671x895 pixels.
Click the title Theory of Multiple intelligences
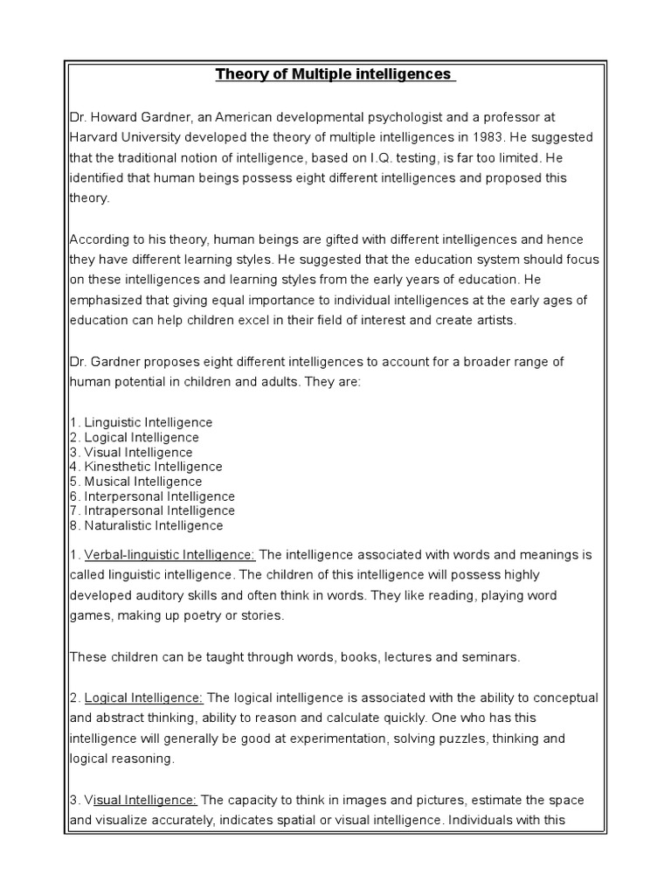335,74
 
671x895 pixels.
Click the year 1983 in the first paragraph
457,138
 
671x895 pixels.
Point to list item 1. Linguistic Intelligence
141,422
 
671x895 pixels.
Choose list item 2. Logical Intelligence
135,437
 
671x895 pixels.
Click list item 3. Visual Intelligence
131,452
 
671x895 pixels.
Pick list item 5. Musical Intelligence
135,482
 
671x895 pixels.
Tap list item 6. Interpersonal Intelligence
152,496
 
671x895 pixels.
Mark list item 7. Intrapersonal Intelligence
152,510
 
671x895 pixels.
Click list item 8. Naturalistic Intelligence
146,525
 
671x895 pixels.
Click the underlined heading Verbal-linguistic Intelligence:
169,554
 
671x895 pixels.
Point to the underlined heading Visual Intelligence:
141,799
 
